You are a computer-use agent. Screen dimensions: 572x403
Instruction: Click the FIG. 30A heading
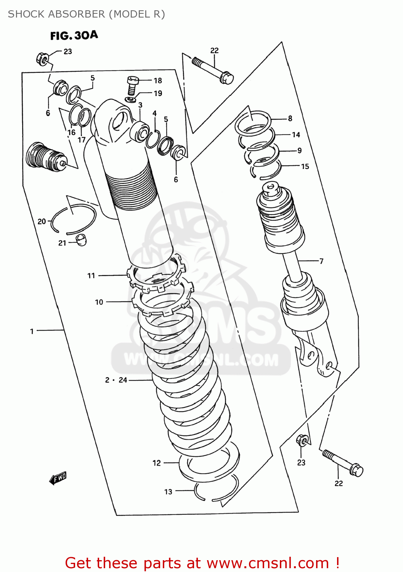[74, 35]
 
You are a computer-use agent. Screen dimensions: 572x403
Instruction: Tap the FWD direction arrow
[58, 478]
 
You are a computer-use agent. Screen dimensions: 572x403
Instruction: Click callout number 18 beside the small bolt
[158, 80]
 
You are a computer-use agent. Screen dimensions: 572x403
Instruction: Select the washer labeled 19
[130, 100]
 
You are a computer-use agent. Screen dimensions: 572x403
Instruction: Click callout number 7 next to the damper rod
[321, 261]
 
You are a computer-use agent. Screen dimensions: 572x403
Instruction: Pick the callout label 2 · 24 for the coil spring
[116, 380]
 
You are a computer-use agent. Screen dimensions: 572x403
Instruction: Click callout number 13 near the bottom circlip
[168, 492]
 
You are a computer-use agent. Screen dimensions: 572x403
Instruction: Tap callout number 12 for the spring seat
[157, 463]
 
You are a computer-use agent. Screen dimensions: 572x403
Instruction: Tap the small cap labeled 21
[81, 240]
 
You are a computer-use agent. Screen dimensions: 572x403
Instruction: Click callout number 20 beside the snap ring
[42, 221]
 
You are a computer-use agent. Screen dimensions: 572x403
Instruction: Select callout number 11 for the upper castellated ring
[91, 275]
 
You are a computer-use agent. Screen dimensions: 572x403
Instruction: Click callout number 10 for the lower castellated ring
[99, 302]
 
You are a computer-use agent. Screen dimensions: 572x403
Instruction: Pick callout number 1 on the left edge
[32, 331]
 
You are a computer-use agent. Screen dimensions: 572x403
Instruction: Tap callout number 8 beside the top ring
[290, 119]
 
